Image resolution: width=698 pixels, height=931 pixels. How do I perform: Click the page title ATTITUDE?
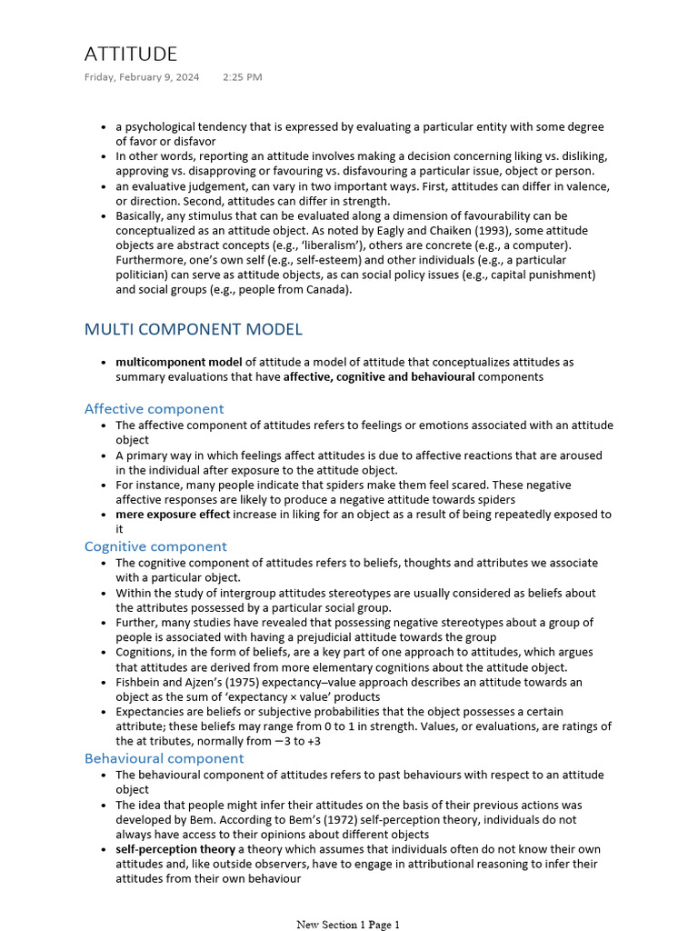tap(131, 54)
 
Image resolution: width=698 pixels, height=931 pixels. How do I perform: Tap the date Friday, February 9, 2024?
tap(142, 77)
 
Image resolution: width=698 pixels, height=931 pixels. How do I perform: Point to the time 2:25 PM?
tap(243, 77)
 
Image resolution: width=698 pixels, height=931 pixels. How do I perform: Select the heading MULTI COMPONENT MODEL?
tap(194, 329)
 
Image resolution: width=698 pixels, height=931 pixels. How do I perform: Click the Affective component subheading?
tap(154, 408)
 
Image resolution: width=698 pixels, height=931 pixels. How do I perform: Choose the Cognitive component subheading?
tap(155, 546)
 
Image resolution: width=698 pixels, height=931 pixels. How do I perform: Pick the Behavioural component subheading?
tap(164, 758)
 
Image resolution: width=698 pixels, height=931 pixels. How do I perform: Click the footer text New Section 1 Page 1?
tap(348, 925)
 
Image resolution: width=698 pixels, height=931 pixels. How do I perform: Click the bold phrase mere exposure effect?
tap(173, 515)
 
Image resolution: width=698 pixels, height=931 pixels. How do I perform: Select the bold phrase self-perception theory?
tap(175, 849)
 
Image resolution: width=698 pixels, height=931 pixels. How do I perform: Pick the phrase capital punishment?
tap(540, 275)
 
